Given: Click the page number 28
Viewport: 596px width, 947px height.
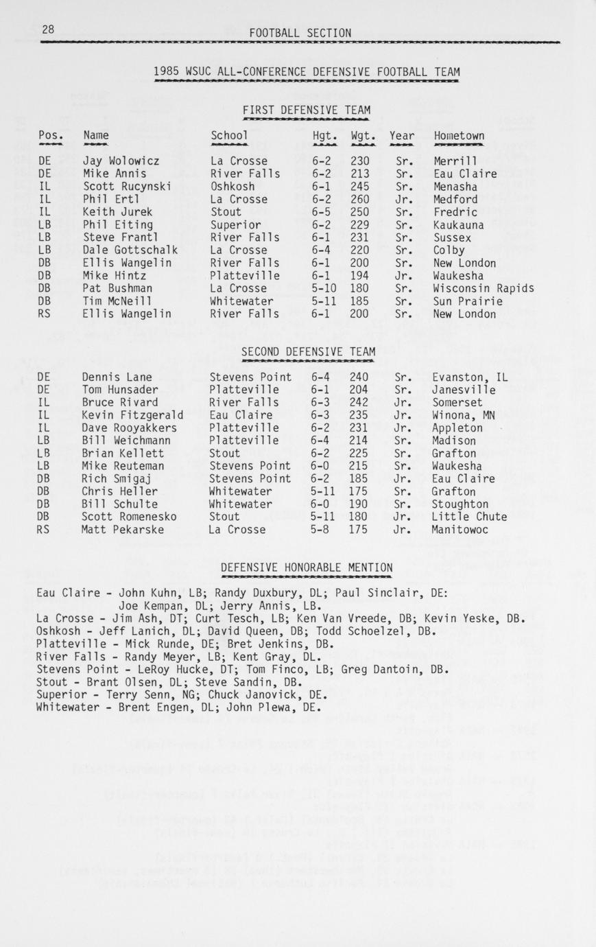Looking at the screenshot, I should (48, 30).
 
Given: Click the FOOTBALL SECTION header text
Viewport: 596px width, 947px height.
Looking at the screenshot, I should (300, 33).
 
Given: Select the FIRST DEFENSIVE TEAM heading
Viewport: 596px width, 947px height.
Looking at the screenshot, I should (306, 110).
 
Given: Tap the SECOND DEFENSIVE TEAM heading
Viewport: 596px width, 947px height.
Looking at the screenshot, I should (308, 352).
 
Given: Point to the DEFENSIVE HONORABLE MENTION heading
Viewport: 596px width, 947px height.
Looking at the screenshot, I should (307, 568).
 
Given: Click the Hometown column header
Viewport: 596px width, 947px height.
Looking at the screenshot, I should (459, 136).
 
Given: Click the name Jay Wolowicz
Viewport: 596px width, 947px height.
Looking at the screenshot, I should (121, 161).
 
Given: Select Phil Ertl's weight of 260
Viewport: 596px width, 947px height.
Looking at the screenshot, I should (359, 200).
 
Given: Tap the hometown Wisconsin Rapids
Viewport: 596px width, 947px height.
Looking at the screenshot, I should (484, 288).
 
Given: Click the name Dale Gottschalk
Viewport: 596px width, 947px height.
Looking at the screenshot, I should (130, 250).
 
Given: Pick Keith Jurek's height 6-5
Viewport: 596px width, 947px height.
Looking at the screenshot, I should (323, 212).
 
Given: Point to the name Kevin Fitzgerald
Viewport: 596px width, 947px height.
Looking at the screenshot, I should (132, 415).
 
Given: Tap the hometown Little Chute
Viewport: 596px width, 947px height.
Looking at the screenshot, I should (469, 517).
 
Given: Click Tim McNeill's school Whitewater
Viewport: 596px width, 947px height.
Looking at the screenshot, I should (242, 301).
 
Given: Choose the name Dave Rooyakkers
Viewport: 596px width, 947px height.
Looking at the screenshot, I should (129, 428).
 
